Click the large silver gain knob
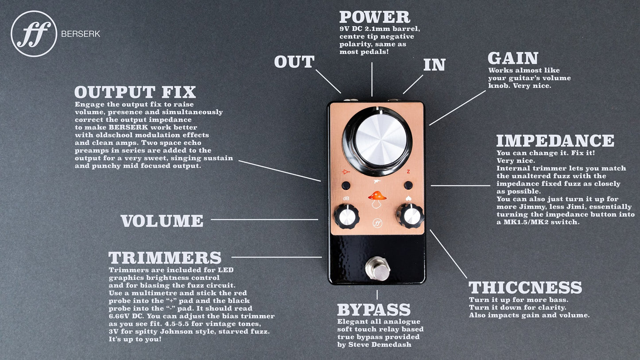(x=377, y=141)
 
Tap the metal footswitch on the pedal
(x=377, y=269)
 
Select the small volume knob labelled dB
(x=346, y=217)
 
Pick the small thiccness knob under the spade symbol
(x=410, y=216)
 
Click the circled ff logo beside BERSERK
(x=34, y=34)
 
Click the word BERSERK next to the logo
(x=81, y=34)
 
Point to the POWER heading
(x=375, y=17)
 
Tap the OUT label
(x=294, y=62)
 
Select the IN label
(x=434, y=65)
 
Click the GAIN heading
(x=513, y=58)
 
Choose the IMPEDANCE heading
(x=555, y=140)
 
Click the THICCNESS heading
(x=525, y=287)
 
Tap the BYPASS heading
(x=374, y=310)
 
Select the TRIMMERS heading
(x=165, y=258)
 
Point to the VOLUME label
(x=162, y=221)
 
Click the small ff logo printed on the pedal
(x=377, y=223)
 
